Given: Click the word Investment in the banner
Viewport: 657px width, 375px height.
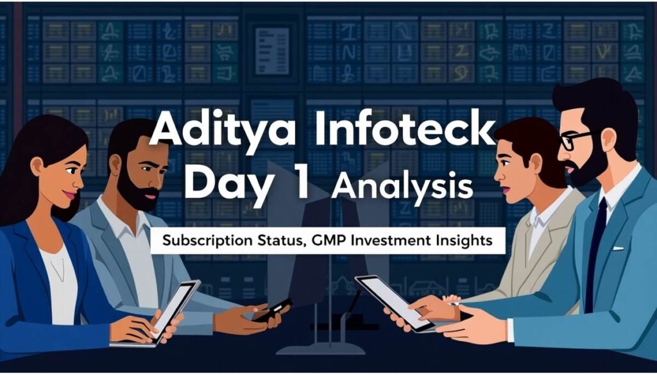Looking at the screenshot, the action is click(x=392, y=240).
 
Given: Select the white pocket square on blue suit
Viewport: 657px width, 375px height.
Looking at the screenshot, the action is click(x=618, y=248).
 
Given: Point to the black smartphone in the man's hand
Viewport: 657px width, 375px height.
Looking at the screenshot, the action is click(x=271, y=310).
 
